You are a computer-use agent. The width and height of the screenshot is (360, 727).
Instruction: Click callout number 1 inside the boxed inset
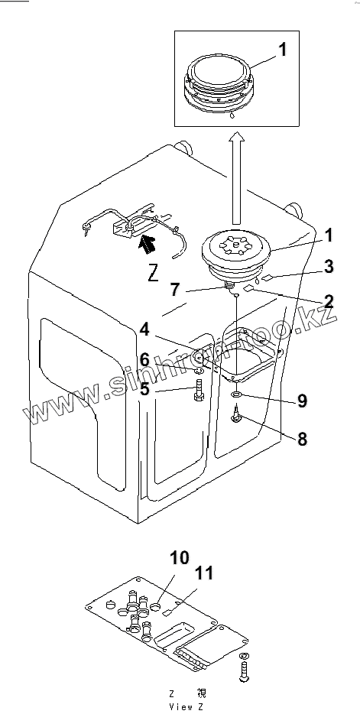(x=282, y=49)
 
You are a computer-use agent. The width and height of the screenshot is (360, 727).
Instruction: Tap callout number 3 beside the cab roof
(x=328, y=267)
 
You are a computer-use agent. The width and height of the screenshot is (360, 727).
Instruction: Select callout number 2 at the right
(x=328, y=301)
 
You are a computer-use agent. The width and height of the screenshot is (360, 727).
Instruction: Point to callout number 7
(x=174, y=289)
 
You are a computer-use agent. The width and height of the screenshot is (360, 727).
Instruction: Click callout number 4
(x=144, y=329)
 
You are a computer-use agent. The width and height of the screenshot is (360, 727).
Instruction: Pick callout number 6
(x=145, y=359)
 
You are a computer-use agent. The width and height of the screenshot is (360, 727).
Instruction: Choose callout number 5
(x=145, y=388)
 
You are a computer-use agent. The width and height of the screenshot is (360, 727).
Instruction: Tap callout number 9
(x=302, y=401)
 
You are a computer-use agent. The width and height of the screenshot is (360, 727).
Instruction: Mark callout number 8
(x=302, y=438)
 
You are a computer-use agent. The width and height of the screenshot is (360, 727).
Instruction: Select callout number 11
(x=203, y=573)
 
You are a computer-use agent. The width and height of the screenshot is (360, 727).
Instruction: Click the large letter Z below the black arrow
(x=154, y=274)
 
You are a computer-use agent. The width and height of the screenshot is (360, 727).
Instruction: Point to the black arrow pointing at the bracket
(x=148, y=243)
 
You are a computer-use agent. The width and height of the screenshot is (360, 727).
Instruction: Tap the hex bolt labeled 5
(x=199, y=391)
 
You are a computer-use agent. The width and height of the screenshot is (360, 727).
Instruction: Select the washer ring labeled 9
(x=236, y=394)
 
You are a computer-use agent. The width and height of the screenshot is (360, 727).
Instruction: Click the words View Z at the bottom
(x=186, y=707)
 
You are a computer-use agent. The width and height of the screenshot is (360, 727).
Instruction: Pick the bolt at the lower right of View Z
(x=244, y=667)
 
